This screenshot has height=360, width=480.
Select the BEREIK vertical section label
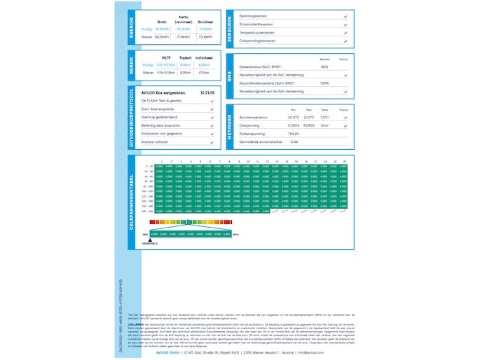pos(132,66)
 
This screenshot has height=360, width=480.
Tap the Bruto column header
pos(162,22)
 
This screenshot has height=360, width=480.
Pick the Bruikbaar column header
pos(205,22)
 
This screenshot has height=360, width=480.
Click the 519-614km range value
pos(166,72)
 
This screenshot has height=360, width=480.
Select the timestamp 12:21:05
pos(207,92)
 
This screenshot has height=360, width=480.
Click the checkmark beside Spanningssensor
pos(345,15)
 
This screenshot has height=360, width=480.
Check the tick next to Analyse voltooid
pos(212,142)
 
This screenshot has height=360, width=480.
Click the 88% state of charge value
pos(324,67)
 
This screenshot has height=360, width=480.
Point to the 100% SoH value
pos(324,83)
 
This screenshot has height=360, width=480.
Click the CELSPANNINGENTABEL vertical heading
pos(132,202)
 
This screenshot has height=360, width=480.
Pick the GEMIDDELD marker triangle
pos(150,239)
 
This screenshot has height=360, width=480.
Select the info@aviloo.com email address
pos(315,352)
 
